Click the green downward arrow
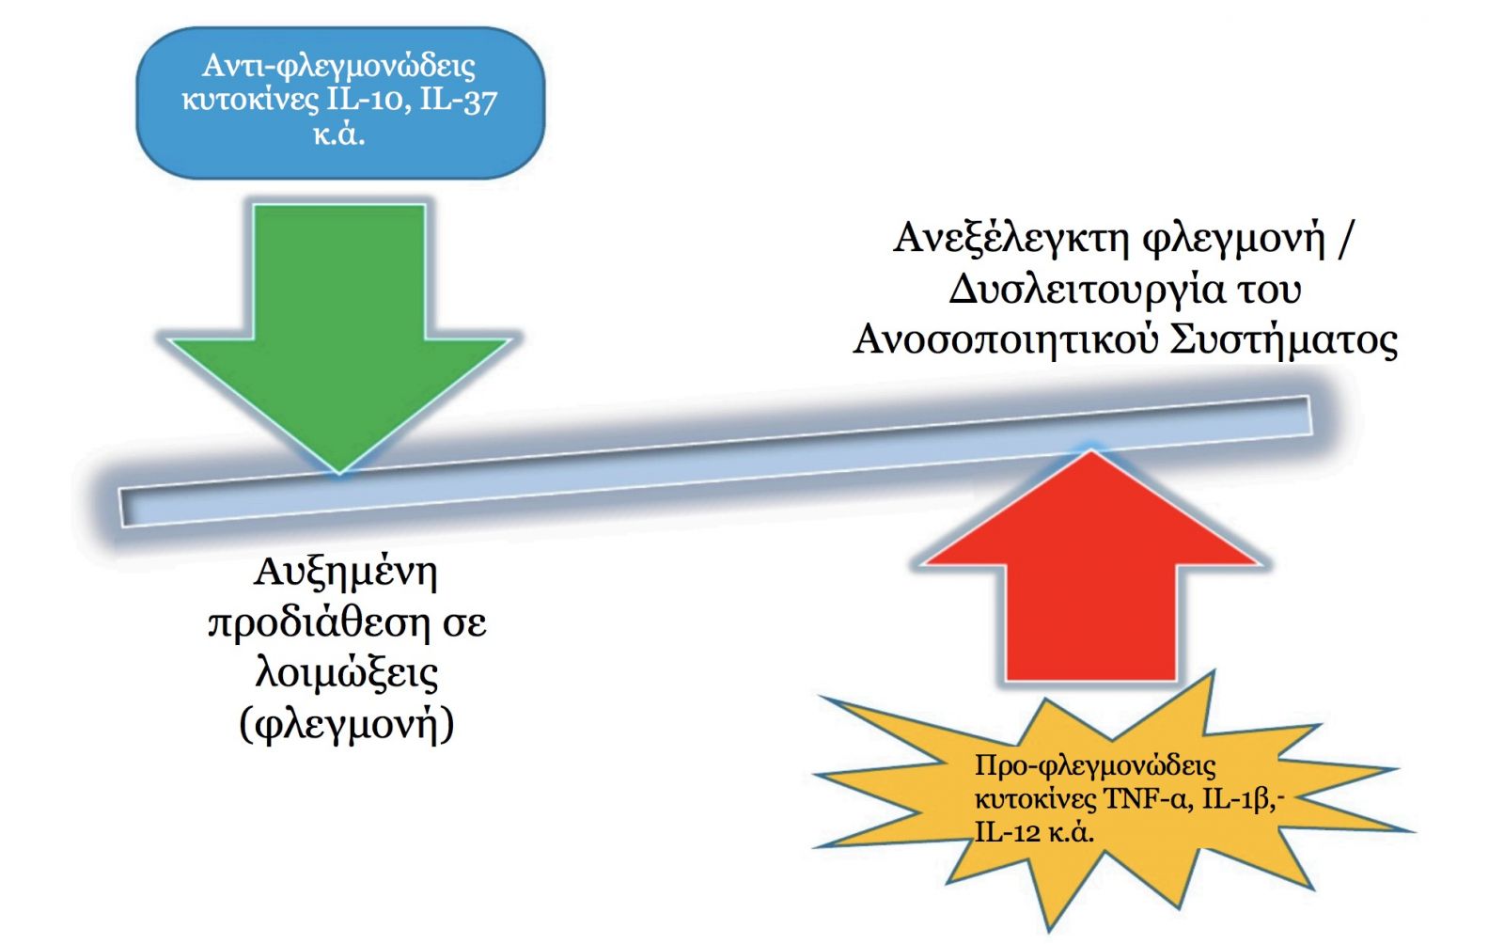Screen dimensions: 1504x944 coord(339,323)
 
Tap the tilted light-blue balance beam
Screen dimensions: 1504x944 coord(715,462)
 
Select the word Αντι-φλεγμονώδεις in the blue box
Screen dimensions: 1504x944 coord(339,67)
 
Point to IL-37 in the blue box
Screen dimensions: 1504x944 coord(459,102)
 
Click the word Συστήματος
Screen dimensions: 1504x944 coord(1283,340)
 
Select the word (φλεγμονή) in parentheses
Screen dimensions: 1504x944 coord(347,725)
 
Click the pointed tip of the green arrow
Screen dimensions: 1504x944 coord(339,473)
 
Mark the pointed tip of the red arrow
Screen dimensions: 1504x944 coord(1091,450)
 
